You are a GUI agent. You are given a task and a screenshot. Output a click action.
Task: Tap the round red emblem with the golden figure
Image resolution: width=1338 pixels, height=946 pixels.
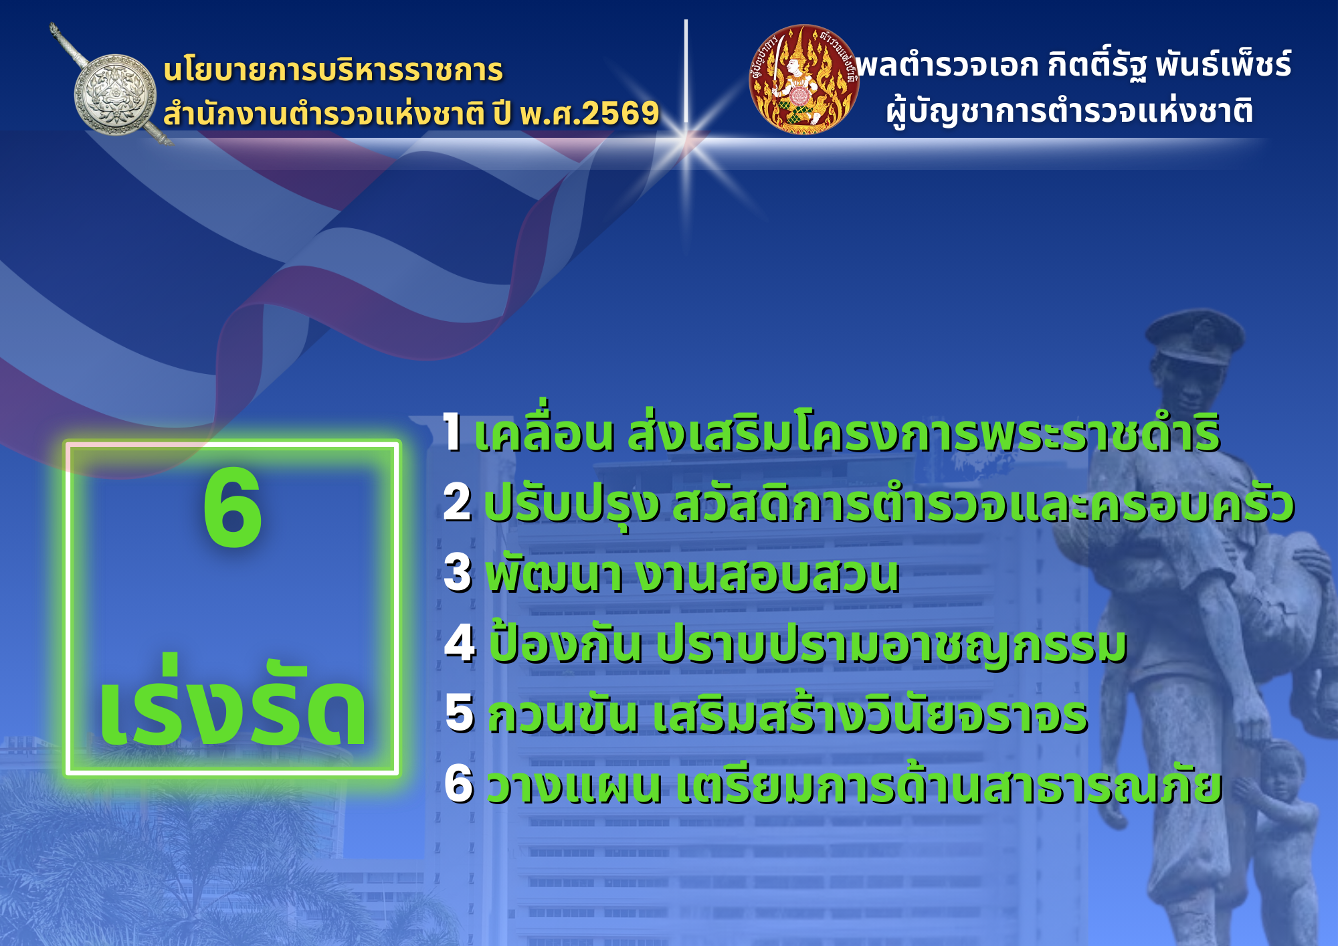tap(803, 79)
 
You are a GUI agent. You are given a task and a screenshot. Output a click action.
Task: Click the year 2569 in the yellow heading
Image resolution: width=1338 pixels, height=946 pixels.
tap(621, 113)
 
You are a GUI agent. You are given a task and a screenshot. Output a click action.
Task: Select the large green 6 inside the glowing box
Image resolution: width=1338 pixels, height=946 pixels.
tap(232, 508)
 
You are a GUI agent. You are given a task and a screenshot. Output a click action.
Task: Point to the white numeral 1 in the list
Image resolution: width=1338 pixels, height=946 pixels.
tap(453, 432)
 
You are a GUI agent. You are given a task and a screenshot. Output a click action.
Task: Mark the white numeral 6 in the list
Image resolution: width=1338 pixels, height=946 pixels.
tap(460, 783)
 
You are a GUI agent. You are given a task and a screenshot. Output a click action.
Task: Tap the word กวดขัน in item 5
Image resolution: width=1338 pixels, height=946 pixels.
tap(563, 713)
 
